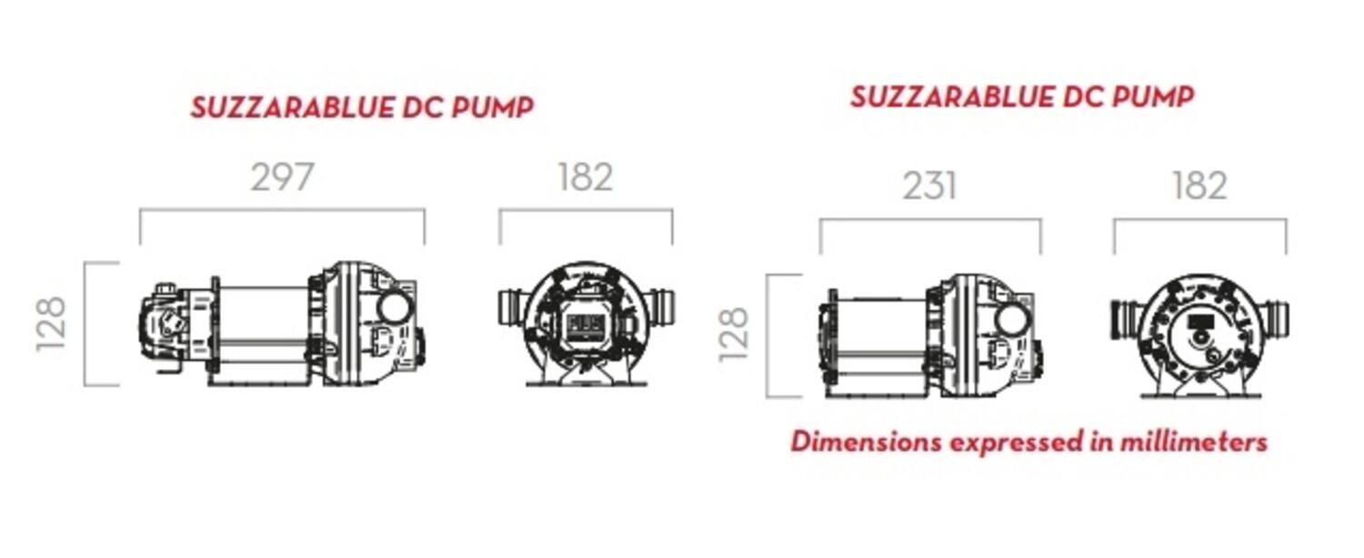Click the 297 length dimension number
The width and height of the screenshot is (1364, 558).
click(x=282, y=177)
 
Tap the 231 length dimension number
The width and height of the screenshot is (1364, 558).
click(x=929, y=186)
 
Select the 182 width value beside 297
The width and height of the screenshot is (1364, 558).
click(x=586, y=177)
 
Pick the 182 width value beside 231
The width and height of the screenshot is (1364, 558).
click(x=1199, y=186)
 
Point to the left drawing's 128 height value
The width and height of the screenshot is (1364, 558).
click(x=51, y=324)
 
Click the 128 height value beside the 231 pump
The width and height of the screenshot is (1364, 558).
click(x=734, y=334)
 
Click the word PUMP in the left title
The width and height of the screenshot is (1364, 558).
click(x=493, y=108)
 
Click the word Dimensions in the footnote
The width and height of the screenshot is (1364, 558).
click(x=866, y=442)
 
